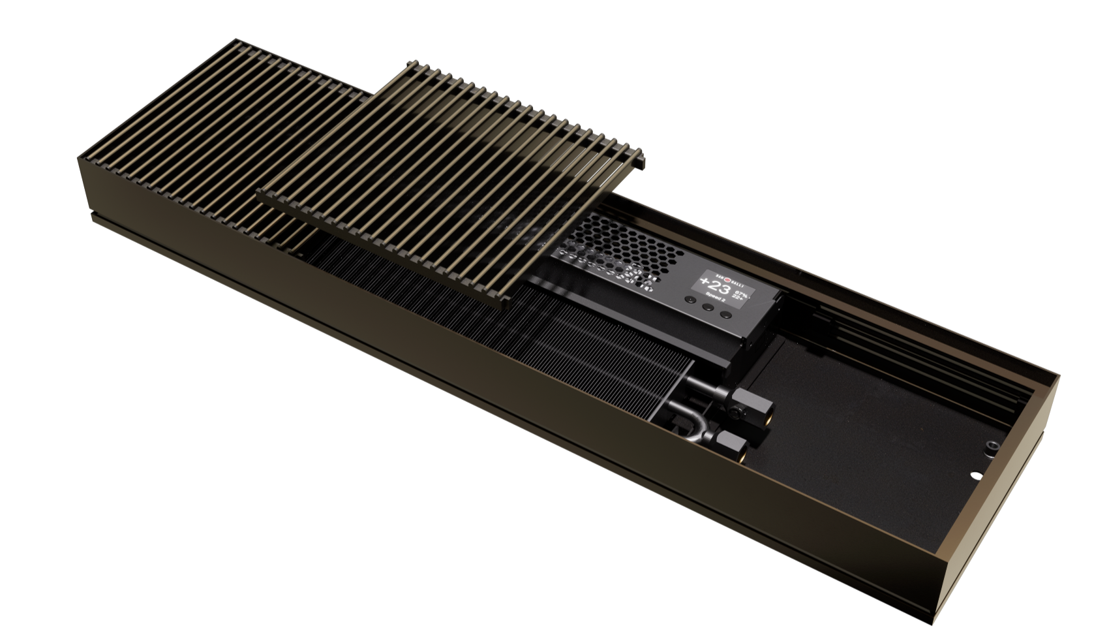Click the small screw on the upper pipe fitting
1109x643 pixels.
coord(737,412)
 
